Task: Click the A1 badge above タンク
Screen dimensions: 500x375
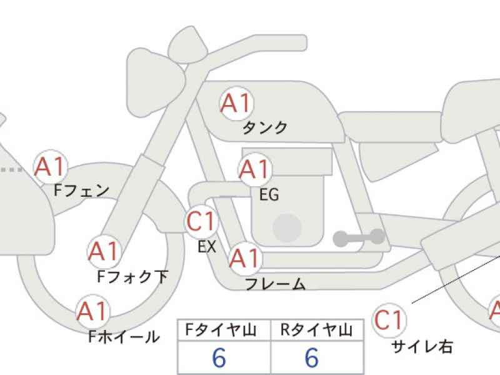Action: tap(237, 103)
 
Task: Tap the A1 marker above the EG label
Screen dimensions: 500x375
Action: tap(255, 169)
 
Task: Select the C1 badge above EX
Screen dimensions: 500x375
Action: tap(201, 221)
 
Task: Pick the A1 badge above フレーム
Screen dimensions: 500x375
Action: tap(245, 258)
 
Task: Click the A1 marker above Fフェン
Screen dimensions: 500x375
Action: tap(51, 167)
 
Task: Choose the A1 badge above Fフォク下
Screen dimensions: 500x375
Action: tap(104, 252)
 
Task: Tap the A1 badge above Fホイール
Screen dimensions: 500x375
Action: tap(92, 311)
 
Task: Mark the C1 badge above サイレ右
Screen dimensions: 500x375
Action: tap(389, 320)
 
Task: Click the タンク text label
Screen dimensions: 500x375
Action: tap(265, 127)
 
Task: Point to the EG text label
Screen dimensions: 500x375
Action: tap(269, 194)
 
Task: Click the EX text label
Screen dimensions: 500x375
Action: tap(207, 246)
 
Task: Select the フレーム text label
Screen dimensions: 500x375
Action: tap(276, 284)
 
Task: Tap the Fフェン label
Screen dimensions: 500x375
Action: tap(82, 191)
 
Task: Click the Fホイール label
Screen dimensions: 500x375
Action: tap(124, 336)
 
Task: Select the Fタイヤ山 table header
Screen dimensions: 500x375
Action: tap(221, 330)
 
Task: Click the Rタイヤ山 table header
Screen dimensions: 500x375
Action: tap(317, 330)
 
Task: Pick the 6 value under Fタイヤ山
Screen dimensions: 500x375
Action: tap(219, 357)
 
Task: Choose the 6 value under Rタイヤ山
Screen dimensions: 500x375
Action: tap(312, 357)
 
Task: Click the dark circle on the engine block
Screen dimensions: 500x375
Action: tap(287, 228)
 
